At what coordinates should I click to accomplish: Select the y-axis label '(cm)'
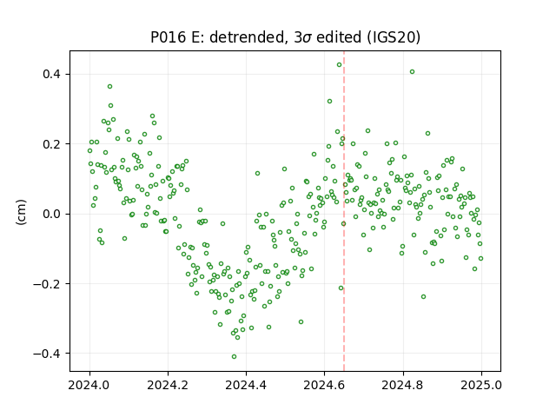[21, 212]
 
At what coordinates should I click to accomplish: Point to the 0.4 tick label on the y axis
[52, 74]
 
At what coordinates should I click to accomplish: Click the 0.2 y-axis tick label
[52, 144]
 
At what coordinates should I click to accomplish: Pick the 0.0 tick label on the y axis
[52, 214]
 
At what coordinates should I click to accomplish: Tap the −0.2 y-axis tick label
[48, 284]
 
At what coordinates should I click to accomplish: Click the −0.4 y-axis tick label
[48, 354]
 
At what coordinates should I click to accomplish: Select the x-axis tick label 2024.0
[90, 385]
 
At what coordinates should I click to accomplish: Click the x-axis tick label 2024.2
[168, 385]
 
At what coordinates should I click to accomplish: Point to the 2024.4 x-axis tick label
[246, 385]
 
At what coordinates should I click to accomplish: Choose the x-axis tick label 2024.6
[324, 385]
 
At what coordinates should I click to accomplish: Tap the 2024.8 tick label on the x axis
[403, 385]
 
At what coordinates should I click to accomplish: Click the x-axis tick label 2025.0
[481, 385]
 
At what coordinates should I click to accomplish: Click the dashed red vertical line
[344, 211]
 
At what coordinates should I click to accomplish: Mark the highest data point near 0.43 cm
[340, 65]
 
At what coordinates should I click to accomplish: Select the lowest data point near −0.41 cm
[234, 357]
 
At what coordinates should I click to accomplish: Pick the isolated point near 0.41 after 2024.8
[412, 71]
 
